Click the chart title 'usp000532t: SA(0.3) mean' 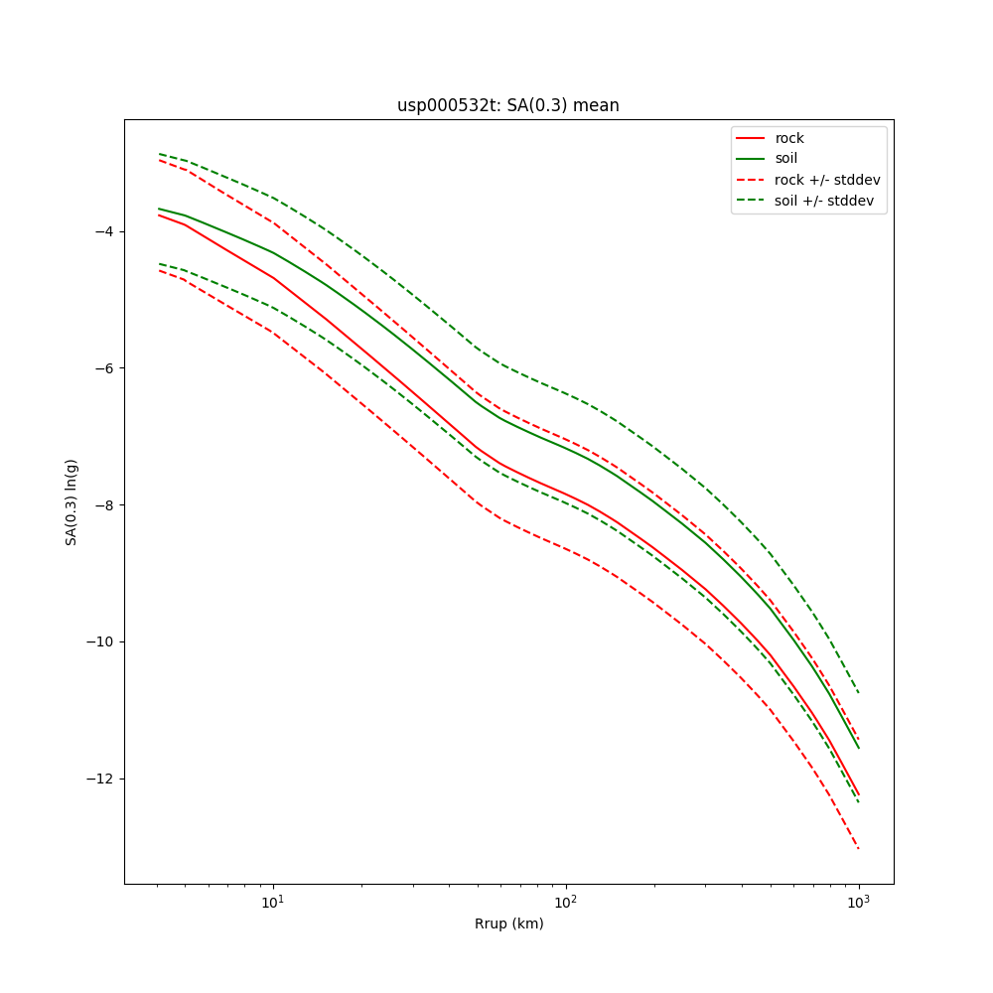507,105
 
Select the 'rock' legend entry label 789,138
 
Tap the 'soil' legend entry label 786,158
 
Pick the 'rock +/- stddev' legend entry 827,180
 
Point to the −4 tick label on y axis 101,231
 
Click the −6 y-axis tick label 101,368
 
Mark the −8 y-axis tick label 101,504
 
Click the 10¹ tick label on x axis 272,903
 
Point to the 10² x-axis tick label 565,903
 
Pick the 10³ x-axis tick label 858,903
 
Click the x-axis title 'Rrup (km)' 508,923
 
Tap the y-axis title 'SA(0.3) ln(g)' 71,501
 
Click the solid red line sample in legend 750,138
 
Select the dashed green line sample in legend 750,201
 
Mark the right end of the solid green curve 859,749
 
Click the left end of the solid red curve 159,214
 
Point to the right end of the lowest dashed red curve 859,849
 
